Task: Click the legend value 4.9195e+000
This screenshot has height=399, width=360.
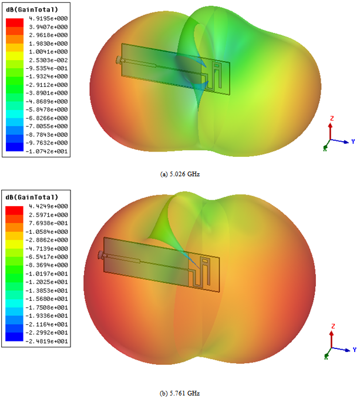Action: tap(48, 19)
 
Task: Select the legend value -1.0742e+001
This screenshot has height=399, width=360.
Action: tap(47, 152)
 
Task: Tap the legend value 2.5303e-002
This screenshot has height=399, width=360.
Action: tap(48, 61)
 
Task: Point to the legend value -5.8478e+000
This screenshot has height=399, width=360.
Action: tap(47, 110)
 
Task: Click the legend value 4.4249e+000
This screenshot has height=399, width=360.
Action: tap(48, 206)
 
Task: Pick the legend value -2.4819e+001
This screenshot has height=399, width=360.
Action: tap(47, 341)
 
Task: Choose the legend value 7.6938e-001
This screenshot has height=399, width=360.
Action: tap(48, 223)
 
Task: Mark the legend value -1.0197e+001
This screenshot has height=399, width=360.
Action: tap(47, 274)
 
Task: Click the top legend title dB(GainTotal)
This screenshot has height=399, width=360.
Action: tap(32, 9)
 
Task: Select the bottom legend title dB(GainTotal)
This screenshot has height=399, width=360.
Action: tap(32, 197)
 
